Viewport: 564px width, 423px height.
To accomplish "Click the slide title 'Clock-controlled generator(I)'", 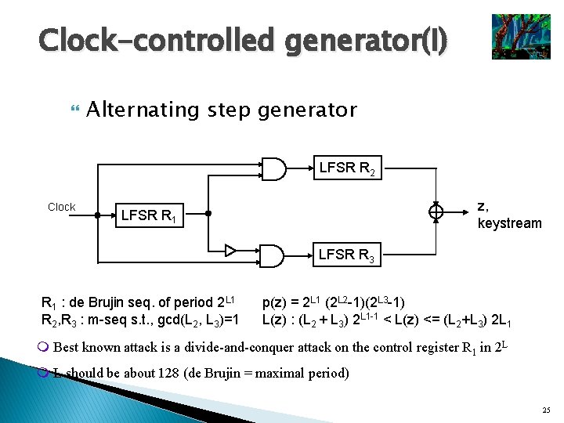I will [243, 41].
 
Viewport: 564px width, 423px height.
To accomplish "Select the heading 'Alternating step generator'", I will [222, 110].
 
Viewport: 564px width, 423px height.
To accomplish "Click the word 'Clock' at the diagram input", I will [61, 207].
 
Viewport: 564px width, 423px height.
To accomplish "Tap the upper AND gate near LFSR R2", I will [271, 168].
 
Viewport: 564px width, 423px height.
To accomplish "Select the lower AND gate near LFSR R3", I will [271, 255].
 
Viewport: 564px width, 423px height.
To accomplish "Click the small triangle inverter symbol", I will [230, 251].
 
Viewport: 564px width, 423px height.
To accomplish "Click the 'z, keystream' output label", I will [509, 215].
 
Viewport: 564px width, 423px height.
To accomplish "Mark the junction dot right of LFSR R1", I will [208, 212].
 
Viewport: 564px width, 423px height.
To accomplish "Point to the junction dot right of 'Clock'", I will [96, 212].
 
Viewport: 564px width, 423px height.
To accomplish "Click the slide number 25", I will [545, 410].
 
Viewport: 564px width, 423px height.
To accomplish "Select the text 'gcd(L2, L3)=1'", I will [200, 320].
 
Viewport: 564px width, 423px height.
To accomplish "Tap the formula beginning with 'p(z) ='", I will [334, 302].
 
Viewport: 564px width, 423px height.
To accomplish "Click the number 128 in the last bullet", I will [165, 373].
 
